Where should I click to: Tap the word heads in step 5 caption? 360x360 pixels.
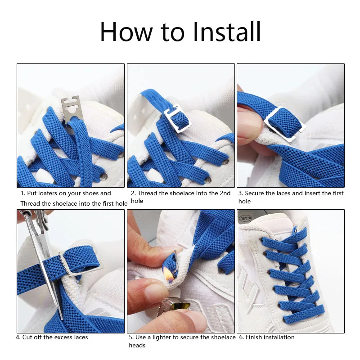[137, 346]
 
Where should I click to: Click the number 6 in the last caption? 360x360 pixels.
[240, 337]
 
